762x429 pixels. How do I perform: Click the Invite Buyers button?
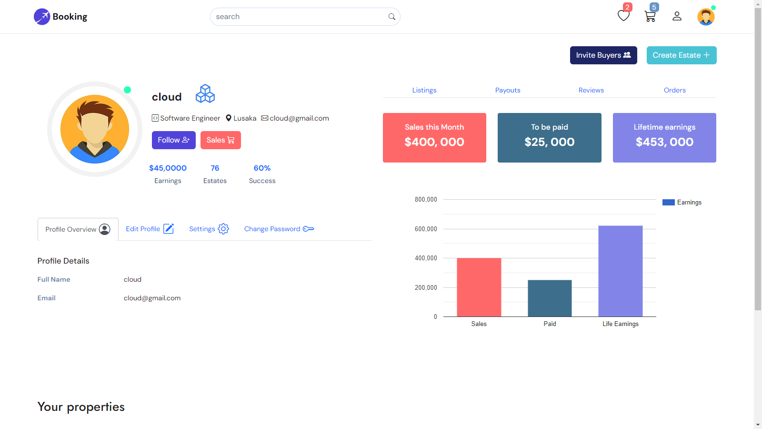[603, 55]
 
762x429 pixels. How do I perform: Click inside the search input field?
[300, 17]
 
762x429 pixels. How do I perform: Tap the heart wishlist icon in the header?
[623, 16]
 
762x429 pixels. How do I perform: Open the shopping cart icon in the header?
[650, 17]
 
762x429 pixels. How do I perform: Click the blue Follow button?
[173, 140]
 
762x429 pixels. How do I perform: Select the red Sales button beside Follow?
[221, 140]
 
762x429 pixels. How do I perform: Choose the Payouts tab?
[508, 90]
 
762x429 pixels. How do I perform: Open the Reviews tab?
[591, 90]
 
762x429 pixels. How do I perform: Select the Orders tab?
[675, 90]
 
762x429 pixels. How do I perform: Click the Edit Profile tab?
[150, 229]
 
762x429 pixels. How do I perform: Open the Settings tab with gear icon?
[209, 229]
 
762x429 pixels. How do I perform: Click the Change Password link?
[279, 229]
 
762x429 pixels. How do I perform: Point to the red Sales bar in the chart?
[479, 287]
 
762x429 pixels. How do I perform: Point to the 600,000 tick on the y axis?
[426, 229]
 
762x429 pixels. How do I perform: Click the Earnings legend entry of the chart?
[682, 203]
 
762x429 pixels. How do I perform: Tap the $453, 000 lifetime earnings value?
[664, 142]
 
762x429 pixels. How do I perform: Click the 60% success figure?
[262, 168]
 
